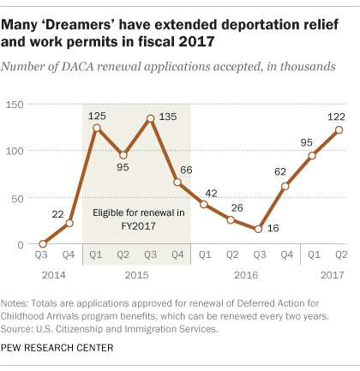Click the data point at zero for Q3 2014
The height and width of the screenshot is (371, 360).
tap(43, 244)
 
